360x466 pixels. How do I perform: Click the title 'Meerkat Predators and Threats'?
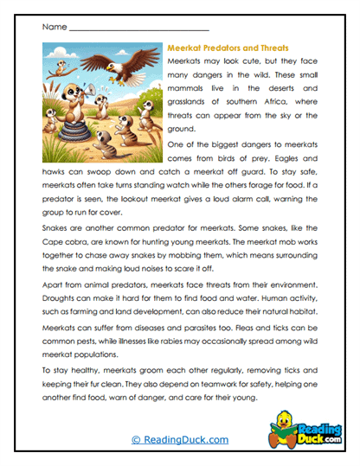click(x=227, y=48)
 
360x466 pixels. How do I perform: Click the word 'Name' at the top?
click(x=53, y=28)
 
